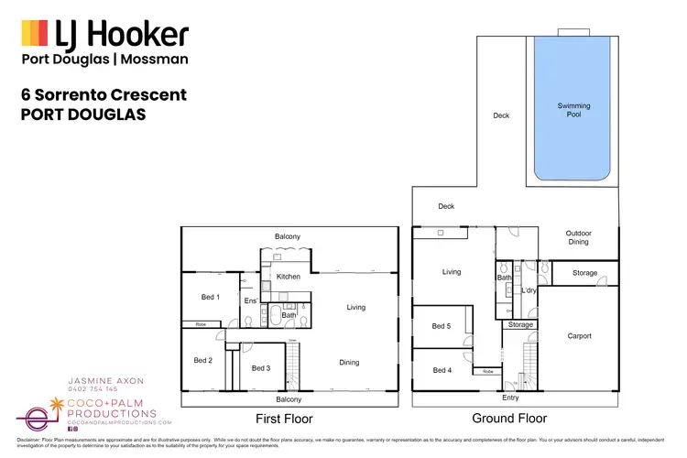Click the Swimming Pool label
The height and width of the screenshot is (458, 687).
(573, 111)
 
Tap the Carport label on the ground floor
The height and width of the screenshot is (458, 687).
(578, 336)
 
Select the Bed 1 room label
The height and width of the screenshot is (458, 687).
(210, 297)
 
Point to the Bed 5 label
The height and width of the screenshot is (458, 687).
(441, 326)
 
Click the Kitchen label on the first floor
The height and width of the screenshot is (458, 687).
(289, 276)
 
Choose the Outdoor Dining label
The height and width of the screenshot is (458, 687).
(578, 238)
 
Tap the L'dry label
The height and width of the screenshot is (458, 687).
(528, 290)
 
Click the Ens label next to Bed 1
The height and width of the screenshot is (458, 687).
(249, 300)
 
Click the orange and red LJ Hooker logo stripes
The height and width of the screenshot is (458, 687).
(34, 35)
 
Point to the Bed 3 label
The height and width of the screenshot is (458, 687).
(260, 368)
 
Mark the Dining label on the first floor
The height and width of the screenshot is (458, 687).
(349, 363)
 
